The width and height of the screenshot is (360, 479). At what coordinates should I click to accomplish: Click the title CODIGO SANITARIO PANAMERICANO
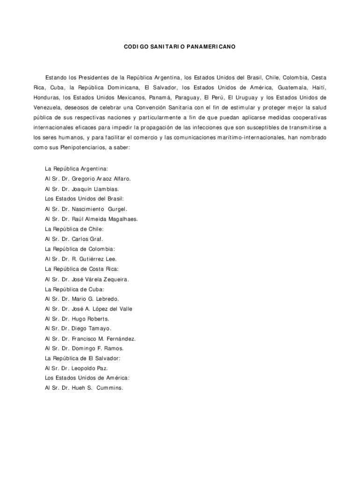click(x=180, y=47)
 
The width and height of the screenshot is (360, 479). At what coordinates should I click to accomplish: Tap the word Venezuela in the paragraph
click(x=51, y=107)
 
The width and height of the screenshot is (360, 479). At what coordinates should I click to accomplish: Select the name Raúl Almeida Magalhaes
click(x=105, y=219)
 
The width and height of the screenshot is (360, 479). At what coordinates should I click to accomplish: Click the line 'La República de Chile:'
click(x=74, y=229)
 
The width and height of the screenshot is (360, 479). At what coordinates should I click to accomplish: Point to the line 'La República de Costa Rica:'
click(x=81, y=269)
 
